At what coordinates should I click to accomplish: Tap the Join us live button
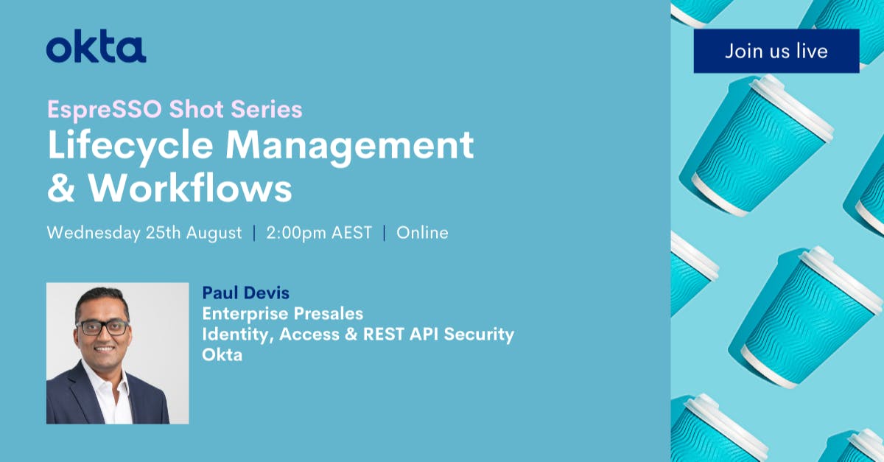776,51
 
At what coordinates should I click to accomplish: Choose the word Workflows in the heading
190,189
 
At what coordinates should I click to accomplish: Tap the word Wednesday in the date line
93,233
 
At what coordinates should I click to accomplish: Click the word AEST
352,233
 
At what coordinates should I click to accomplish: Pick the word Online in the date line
422,233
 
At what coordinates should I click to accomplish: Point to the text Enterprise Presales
283,314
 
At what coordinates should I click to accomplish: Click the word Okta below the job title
222,354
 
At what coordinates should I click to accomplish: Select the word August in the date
214,233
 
